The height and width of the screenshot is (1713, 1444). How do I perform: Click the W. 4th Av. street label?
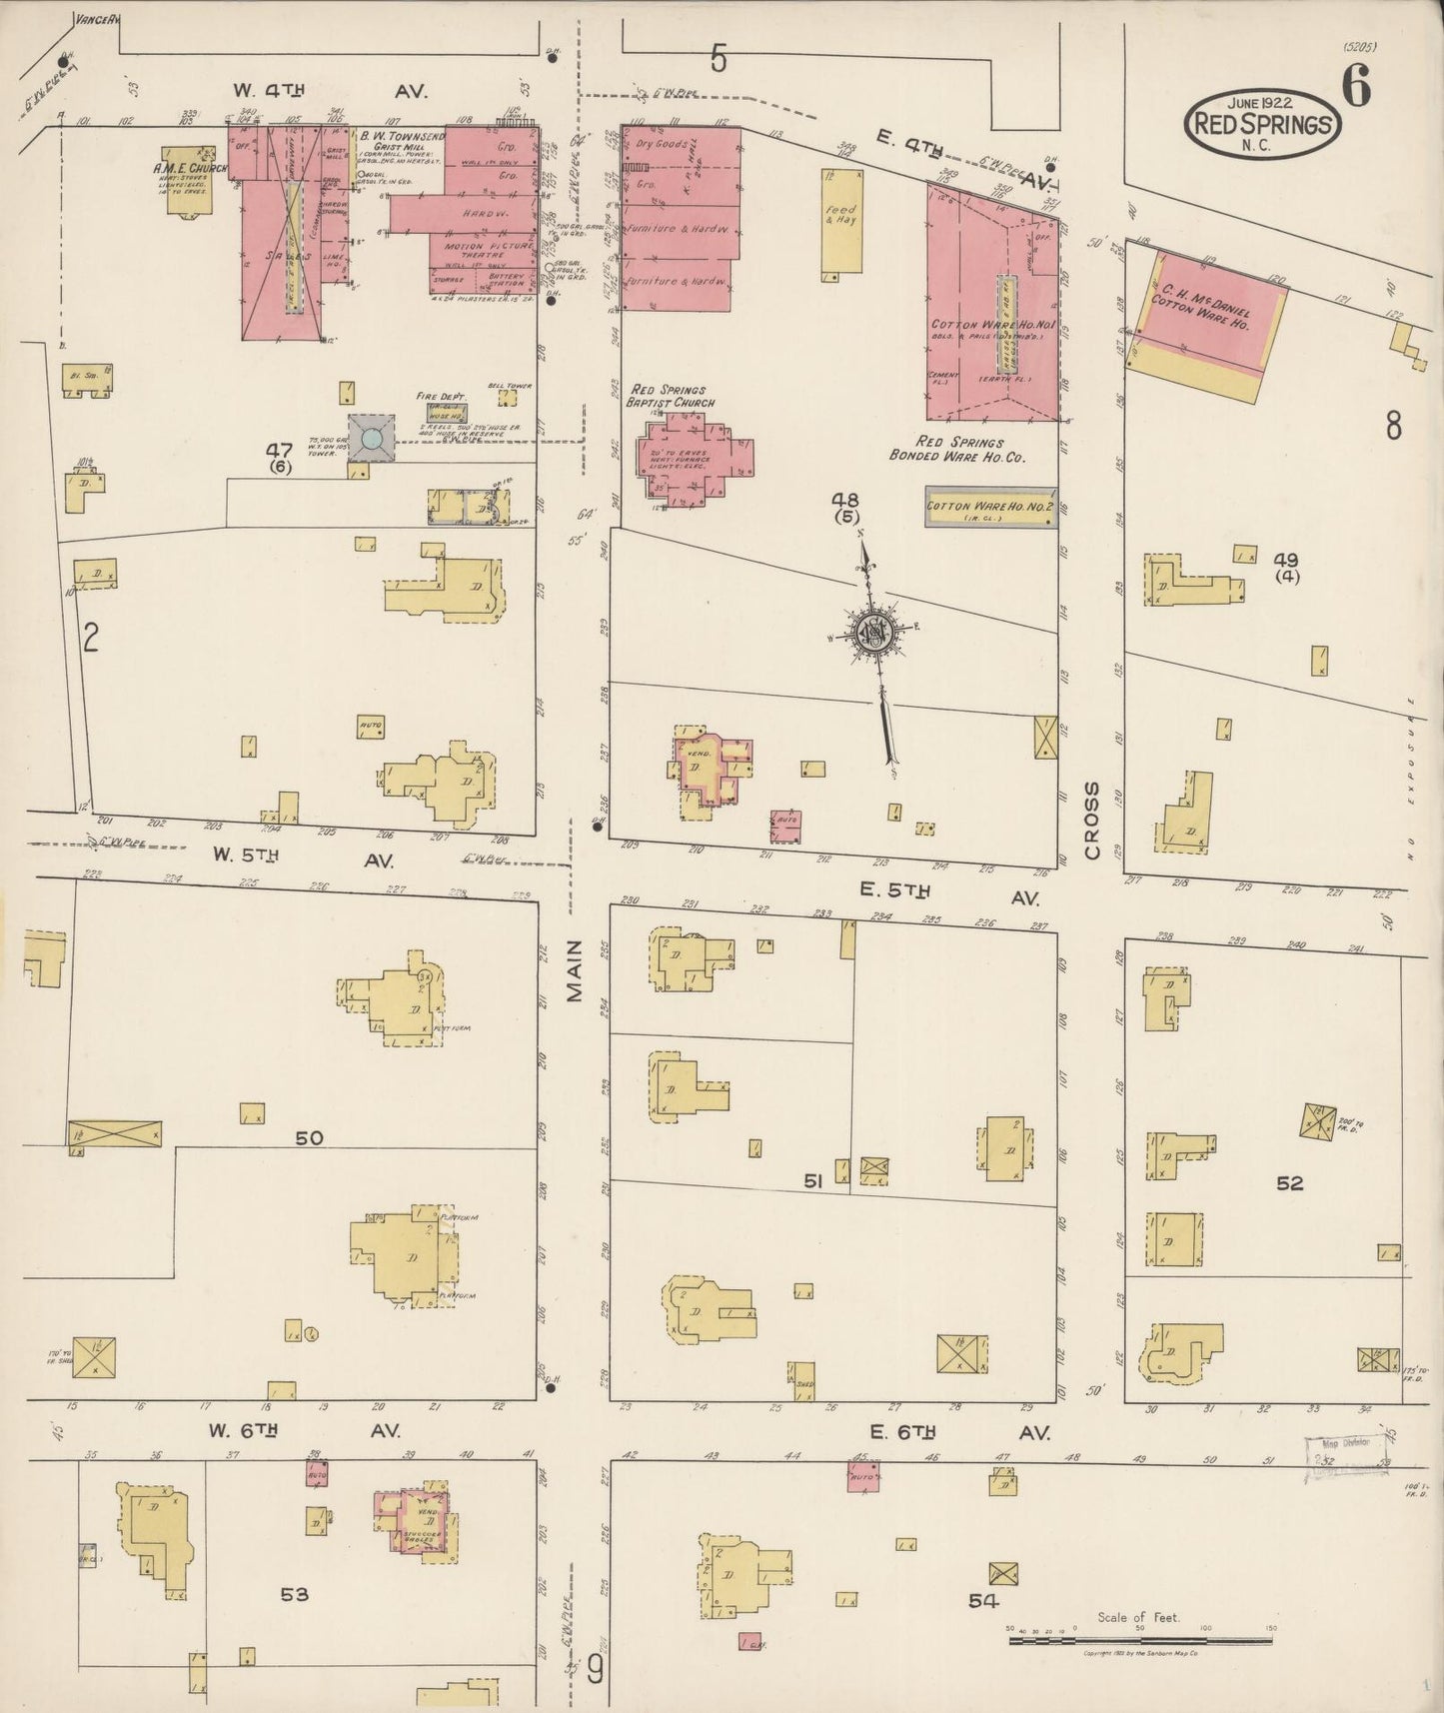[330, 91]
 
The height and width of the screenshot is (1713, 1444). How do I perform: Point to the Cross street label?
[1091, 821]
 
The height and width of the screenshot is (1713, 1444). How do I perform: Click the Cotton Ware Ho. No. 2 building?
[990, 507]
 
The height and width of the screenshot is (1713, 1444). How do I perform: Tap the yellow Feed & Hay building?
[841, 221]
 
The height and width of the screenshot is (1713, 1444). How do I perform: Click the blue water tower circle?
[371, 438]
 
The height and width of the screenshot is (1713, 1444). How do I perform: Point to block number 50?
[310, 1137]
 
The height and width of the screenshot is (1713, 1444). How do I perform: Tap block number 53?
[294, 1594]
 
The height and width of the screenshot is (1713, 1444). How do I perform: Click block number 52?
[1290, 1183]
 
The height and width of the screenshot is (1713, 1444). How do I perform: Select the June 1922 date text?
[1262, 103]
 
